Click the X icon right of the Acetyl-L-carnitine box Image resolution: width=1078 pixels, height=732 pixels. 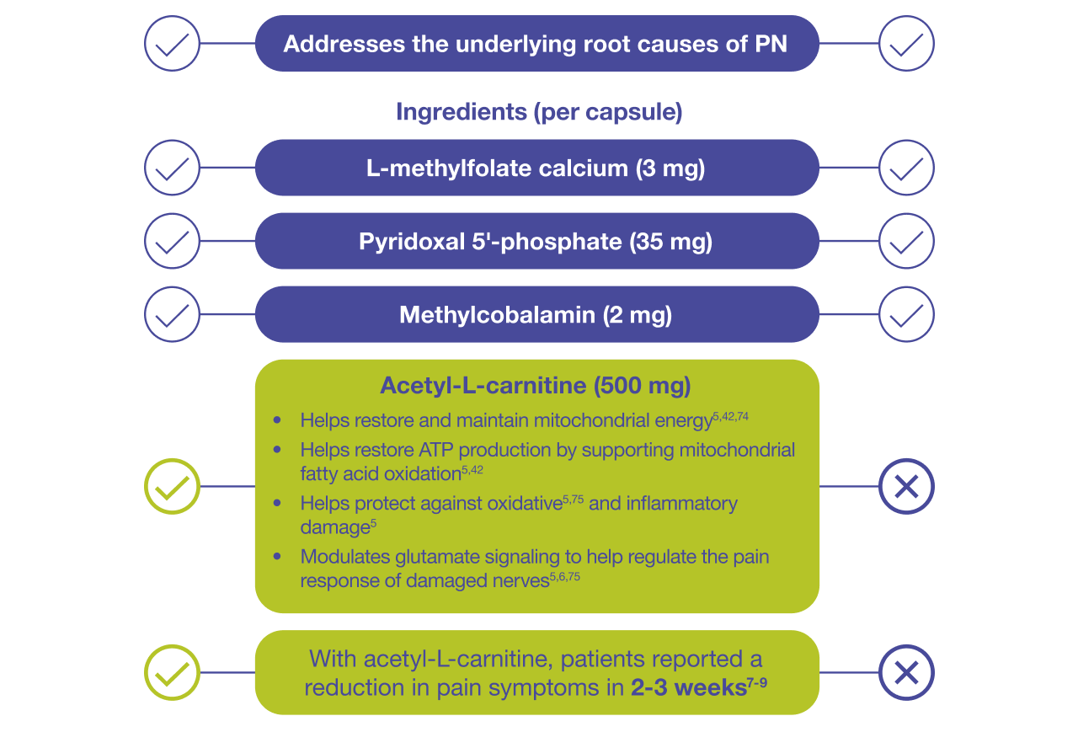point(906,486)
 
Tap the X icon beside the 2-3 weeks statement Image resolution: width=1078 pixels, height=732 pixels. point(906,673)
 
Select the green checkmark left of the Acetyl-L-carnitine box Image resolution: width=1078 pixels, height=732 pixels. point(172,486)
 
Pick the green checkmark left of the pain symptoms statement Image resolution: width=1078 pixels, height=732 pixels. point(172,673)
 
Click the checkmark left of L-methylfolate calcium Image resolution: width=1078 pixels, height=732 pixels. point(172,168)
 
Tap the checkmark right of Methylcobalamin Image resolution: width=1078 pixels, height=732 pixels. point(906,314)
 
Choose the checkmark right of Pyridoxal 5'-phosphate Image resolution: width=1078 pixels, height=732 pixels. point(906,241)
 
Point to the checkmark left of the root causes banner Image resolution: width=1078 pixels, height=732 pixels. point(172,43)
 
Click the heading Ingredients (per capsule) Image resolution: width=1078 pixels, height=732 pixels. point(539,112)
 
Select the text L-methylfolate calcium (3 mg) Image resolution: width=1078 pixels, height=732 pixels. point(536,168)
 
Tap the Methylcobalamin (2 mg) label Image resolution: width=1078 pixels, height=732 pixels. point(536,315)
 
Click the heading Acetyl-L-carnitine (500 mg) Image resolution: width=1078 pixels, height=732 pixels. point(536,386)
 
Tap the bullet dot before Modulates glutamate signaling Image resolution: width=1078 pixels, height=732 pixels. point(278,556)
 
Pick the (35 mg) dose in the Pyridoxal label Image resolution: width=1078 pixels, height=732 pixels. point(670,242)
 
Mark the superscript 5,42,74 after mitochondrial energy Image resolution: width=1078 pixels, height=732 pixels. point(730,416)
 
